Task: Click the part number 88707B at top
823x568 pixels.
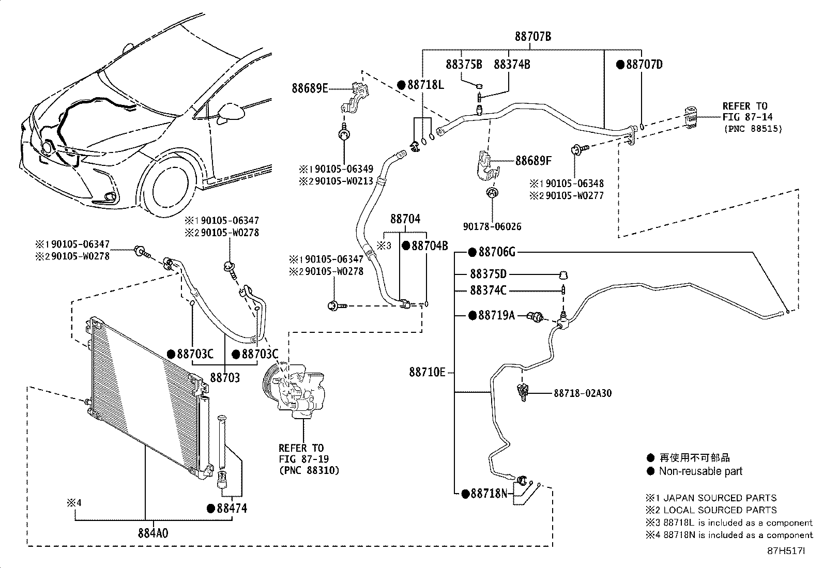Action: click(x=532, y=36)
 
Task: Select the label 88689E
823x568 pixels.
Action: click(x=310, y=88)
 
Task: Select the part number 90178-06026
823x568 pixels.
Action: click(x=493, y=226)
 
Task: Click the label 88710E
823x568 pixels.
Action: click(x=427, y=372)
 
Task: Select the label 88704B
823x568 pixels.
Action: click(x=430, y=245)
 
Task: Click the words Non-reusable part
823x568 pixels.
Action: click(x=700, y=471)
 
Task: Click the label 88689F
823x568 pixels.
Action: click(x=533, y=161)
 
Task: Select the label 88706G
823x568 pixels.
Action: click(x=497, y=252)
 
